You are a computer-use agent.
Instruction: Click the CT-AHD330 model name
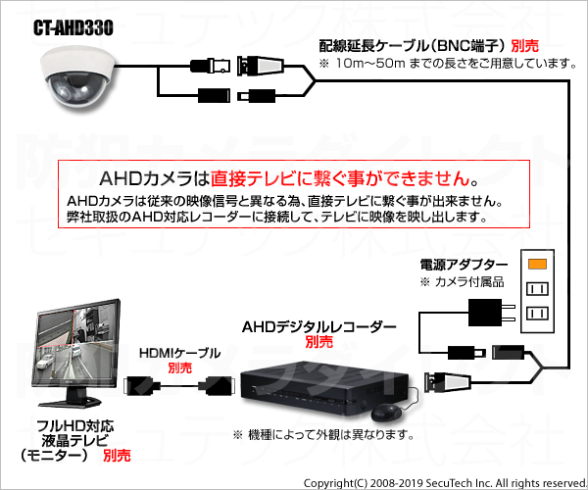(x=73, y=27)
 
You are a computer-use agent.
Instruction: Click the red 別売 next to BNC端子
(x=524, y=46)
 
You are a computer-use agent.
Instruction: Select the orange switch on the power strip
(x=537, y=264)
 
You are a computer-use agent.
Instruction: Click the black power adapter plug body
(x=485, y=313)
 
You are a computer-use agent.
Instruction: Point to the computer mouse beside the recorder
(x=386, y=413)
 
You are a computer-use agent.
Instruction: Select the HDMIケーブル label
(x=179, y=353)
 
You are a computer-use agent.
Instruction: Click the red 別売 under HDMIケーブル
(x=179, y=367)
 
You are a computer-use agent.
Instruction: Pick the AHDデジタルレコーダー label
(x=318, y=327)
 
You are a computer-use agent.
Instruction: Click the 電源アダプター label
(x=464, y=265)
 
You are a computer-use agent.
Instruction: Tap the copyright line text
(x=445, y=483)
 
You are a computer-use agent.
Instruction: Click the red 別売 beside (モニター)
(x=117, y=456)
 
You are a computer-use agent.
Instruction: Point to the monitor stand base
(x=71, y=402)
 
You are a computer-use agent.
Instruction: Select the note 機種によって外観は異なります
(x=323, y=435)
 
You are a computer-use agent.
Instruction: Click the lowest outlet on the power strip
(x=537, y=313)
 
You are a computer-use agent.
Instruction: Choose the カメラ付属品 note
(x=462, y=282)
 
